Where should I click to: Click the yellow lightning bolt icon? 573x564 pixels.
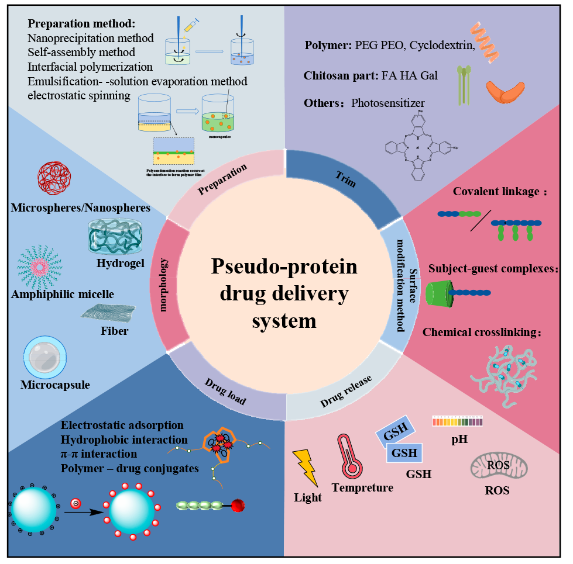tap(305, 467)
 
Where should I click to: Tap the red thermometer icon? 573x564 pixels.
tap(349, 456)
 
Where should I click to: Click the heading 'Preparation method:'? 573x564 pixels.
tap(81, 25)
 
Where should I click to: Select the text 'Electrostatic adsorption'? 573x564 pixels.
tap(122, 425)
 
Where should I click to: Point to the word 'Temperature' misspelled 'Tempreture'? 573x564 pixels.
tap(362, 487)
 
